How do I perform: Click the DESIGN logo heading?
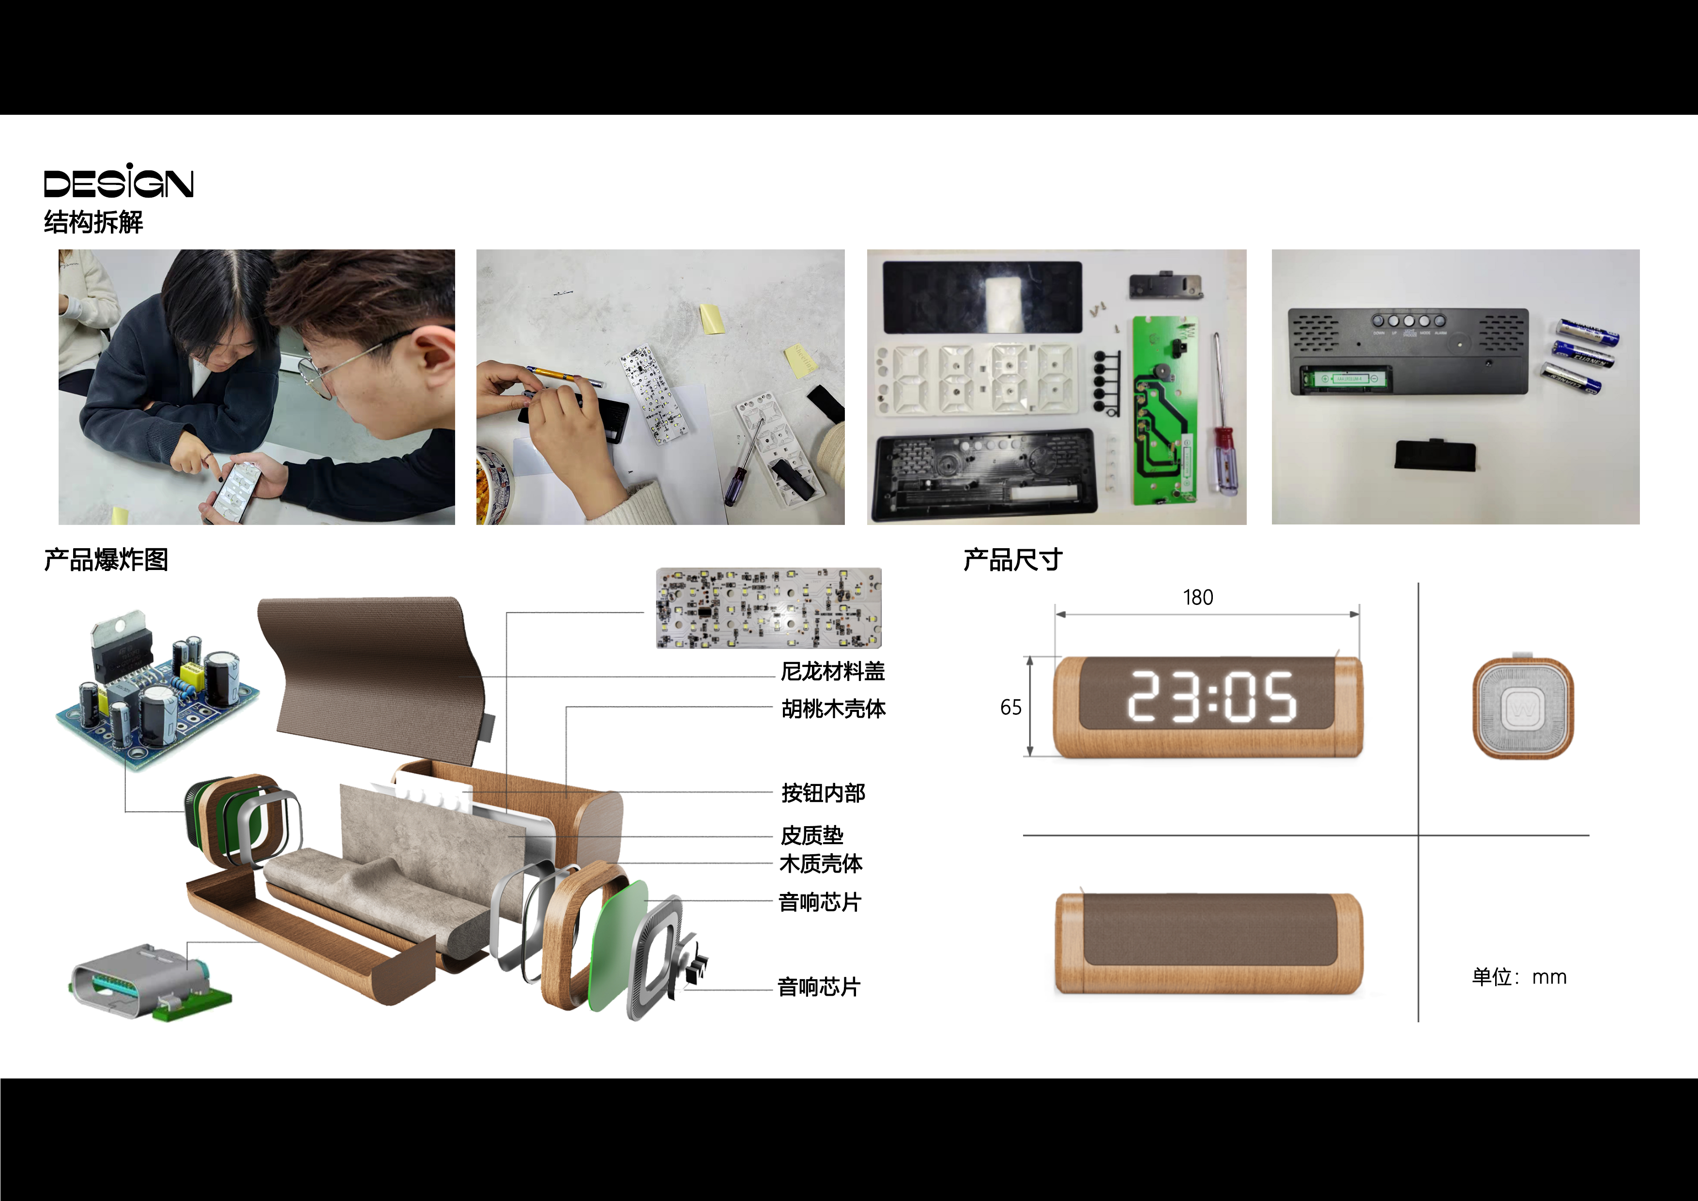click(118, 181)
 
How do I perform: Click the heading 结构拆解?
click(93, 222)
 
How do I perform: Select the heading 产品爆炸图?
click(106, 560)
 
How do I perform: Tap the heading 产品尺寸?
click(1012, 560)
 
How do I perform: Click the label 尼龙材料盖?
click(833, 672)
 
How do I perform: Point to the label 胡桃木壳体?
click(833, 708)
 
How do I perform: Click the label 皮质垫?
click(812, 836)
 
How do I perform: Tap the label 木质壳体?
click(821, 864)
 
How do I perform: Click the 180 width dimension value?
click(1197, 598)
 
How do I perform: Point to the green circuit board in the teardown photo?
click(1163, 411)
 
